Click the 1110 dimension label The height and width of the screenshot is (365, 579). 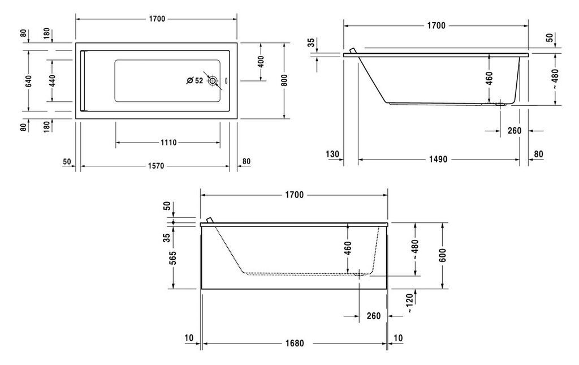(x=168, y=143)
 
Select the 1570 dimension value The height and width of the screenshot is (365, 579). (x=156, y=166)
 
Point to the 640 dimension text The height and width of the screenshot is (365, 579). (x=29, y=81)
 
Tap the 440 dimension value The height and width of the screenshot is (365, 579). (x=52, y=81)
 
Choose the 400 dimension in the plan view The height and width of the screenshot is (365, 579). (x=261, y=62)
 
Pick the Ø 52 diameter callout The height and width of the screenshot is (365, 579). (x=195, y=80)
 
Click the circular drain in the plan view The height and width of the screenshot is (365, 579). (x=213, y=80)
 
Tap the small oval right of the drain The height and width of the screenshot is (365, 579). (x=226, y=80)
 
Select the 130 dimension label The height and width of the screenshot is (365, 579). (x=332, y=154)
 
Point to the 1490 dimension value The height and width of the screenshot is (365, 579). (x=438, y=159)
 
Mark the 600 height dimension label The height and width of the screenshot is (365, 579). (x=443, y=255)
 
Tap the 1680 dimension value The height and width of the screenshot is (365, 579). (x=295, y=343)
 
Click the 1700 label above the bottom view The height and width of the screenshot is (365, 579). (x=294, y=195)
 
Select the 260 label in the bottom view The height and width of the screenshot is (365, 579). (x=374, y=316)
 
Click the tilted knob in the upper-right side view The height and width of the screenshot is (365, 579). (x=353, y=50)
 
